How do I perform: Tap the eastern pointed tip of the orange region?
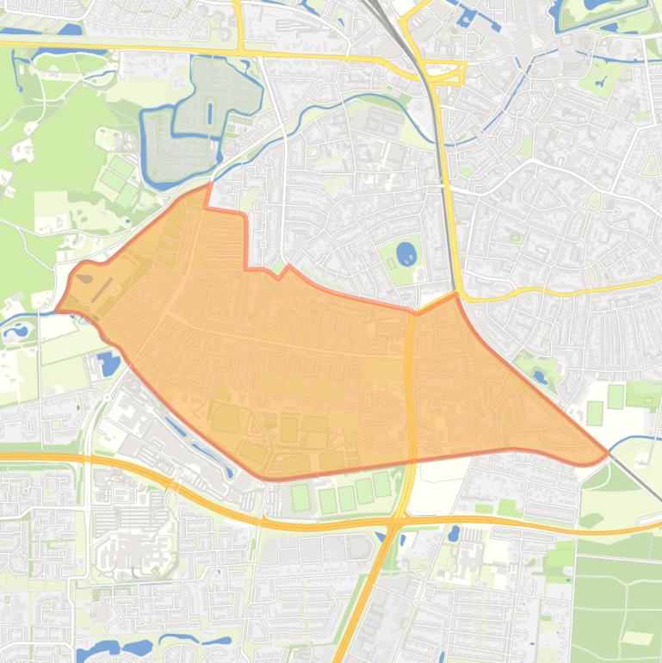pyautogui.click(x=608, y=451)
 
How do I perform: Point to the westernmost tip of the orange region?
pyautogui.click(x=57, y=311)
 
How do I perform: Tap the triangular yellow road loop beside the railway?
pyautogui.click(x=446, y=72)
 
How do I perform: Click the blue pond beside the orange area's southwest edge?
pyautogui.click(x=109, y=363)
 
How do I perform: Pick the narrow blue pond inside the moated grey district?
pyautogui.click(x=209, y=112)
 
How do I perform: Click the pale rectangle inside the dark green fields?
pyautogui.click(x=637, y=638)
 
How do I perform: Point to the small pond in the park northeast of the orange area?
pyautogui.click(x=540, y=375)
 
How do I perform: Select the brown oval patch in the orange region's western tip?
pyautogui.click(x=85, y=278)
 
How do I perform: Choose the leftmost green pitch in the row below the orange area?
pyautogui.click(x=300, y=497)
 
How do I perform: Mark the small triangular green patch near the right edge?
pyautogui.click(x=650, y=164)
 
